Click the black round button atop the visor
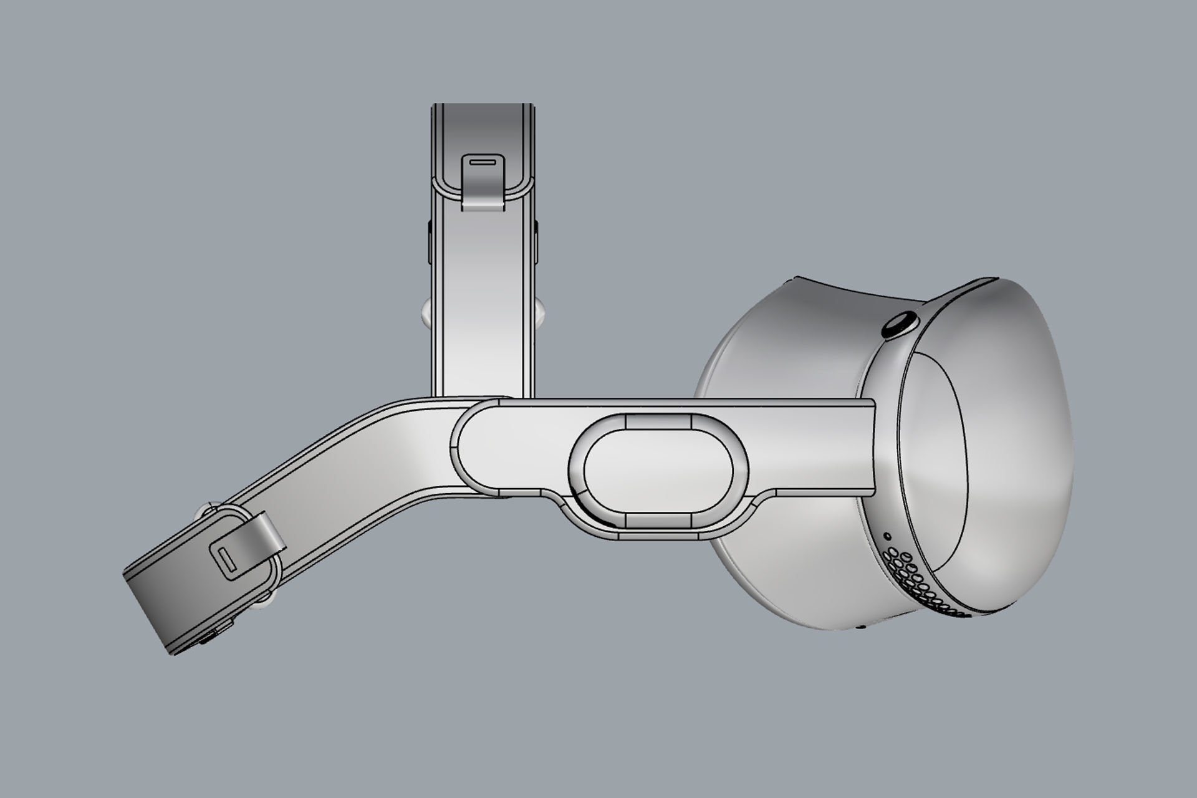point(900,326)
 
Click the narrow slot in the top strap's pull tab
point(483,161)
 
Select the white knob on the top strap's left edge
point(426,315)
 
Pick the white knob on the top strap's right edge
point(540,315)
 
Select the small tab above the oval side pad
point(658,422)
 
